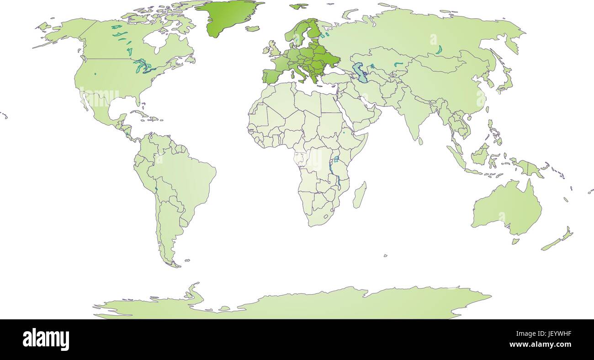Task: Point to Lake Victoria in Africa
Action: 336,159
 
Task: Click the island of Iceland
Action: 252,28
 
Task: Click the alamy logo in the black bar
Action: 46,339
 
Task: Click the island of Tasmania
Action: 515,240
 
